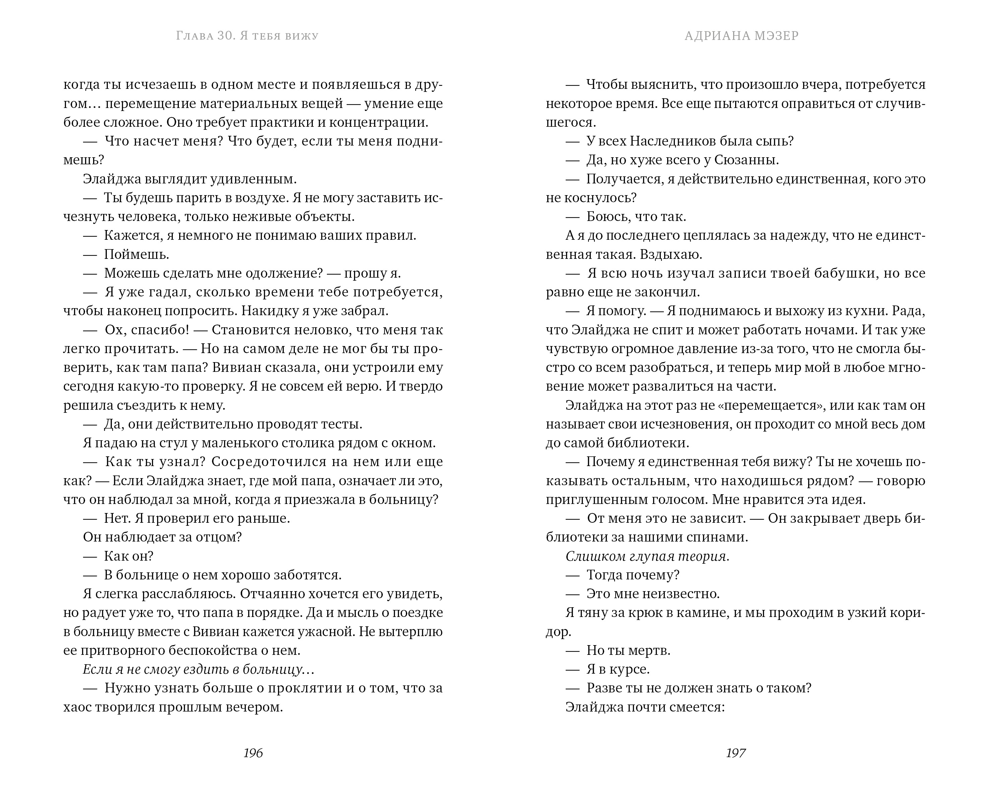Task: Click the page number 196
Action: click(x=253, y=753)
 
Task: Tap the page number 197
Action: click(x=736, y=753)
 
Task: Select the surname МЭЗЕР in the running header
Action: click(x=775, y=36)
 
